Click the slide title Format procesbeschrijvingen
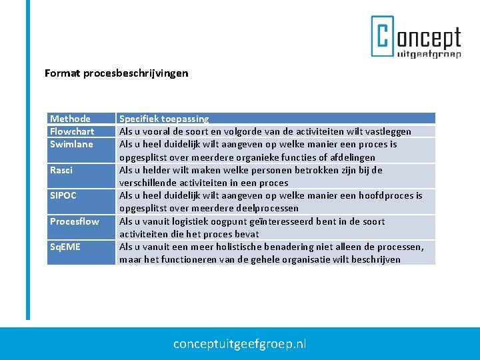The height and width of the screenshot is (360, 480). [116, 73]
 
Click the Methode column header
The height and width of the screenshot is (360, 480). [70, 119]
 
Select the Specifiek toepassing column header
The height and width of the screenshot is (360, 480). [164, 119]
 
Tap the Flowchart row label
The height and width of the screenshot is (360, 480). [72, 131]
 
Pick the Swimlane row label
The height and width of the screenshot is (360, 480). [71, 144]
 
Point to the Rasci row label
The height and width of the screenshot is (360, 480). [61, 170]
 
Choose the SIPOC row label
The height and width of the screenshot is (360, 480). [63, 195]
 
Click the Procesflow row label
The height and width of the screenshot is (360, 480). [74, 221]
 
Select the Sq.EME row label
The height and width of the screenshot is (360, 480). [65, 247]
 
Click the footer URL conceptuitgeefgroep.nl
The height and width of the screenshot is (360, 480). [240, 344]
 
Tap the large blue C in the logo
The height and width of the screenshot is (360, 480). [383, 37]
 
